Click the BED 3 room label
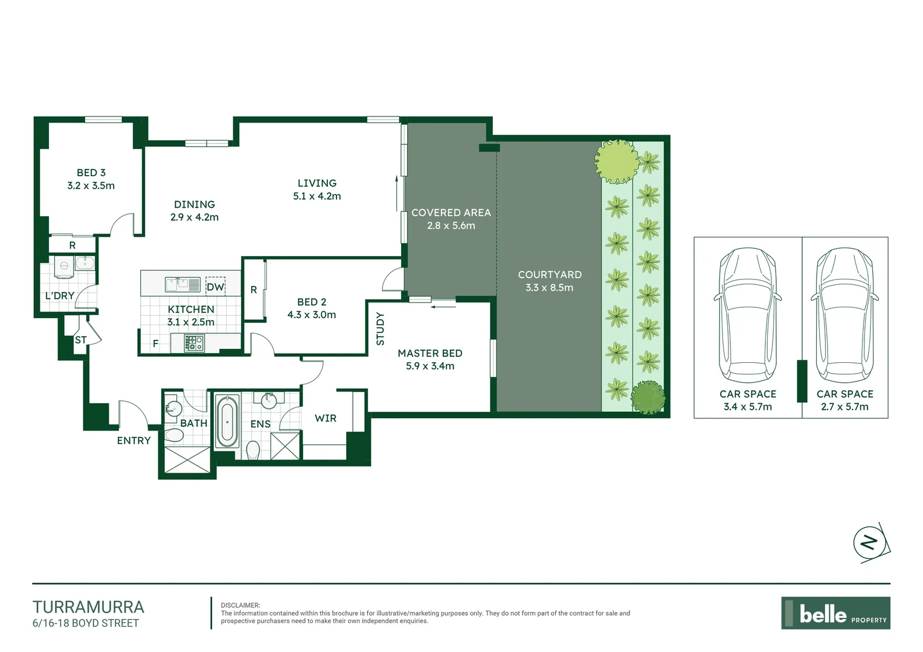91,173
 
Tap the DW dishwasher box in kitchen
215,287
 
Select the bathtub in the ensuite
227,421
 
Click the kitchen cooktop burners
194,344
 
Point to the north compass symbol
870,543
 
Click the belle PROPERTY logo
835,613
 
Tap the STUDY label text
380,329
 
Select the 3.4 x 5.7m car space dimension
747,407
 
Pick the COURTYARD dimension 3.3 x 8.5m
549,288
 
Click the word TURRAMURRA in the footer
88,607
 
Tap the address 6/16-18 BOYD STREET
86,623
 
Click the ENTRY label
133,441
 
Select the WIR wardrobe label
325,418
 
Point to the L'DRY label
59,296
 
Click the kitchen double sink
182,284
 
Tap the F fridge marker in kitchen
155,344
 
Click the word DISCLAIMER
240,605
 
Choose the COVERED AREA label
451,213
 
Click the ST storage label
80,340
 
